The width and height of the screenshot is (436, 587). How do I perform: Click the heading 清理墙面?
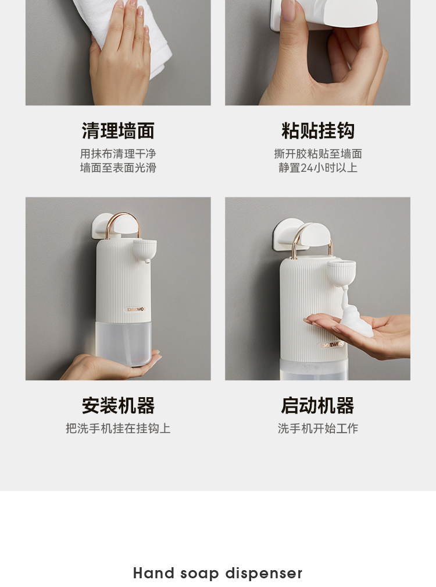tap(118, 130)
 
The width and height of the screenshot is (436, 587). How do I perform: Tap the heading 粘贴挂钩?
tap(317, 130)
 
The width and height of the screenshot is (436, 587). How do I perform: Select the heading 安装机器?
tap(118, 405)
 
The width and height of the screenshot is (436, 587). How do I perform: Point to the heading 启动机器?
tap(317, 405)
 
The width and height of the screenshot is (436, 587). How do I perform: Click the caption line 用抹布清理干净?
tap(118, 154)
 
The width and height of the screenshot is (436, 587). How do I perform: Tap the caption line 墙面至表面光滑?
tap(118, 168)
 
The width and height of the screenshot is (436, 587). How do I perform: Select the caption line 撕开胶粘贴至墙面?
tap(318, 154)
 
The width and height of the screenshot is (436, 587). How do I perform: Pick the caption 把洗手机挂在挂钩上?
tap(118, 428)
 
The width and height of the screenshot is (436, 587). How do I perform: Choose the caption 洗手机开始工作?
tap(318, 428)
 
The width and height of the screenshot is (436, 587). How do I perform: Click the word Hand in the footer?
tap(153, 573)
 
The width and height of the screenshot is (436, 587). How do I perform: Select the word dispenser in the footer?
tap(264, 573)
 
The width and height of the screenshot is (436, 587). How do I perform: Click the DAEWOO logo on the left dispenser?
tap(136, 309)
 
